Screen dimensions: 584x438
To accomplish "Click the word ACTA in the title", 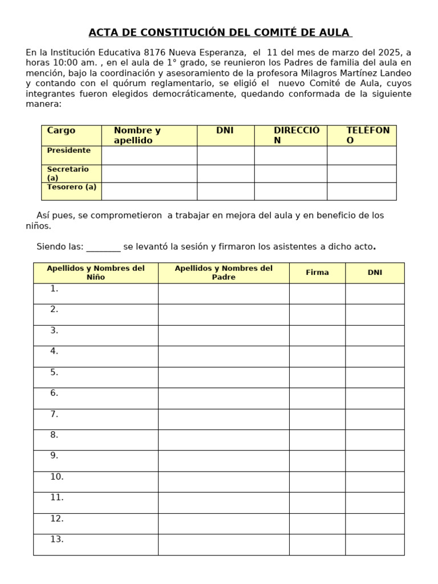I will (x=103, y=33).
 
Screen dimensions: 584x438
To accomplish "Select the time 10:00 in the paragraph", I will (x=61, y=63).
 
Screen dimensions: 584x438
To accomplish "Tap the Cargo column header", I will (x=61, y=131).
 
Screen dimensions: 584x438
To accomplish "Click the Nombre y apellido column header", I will (x=137, y=135).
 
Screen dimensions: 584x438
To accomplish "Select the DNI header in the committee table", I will (x=225, y=131).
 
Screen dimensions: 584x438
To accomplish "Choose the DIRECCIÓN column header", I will (x=296, y=135).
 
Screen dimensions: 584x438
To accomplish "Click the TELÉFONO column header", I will (x=367, y=135).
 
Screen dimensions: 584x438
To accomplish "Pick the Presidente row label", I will (x=68, y=151).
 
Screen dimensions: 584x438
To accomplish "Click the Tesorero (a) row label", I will (x=71, y=187).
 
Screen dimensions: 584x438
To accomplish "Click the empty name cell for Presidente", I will (x=149, y=155).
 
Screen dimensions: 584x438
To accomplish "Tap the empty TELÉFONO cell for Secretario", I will (x=361, y=173).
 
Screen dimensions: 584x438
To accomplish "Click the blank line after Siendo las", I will (x=103, y=248).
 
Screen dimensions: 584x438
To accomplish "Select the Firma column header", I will (x=317, y=273).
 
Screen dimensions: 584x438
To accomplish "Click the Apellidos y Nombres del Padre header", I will (x=224, y=273).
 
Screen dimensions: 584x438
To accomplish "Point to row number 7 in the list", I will (x=54, y=414).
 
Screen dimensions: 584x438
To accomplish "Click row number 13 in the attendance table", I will (x=56, y=540).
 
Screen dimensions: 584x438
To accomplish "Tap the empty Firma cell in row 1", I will (x=317, y=294).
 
